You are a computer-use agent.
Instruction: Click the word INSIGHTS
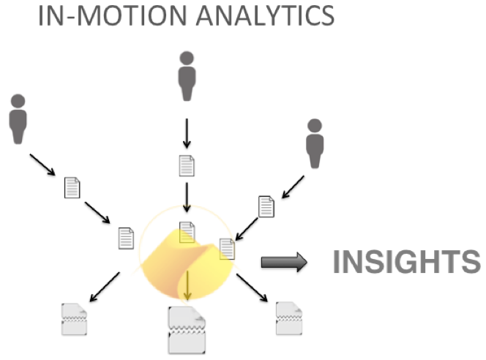tap(406, 262)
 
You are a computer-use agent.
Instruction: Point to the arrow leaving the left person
tap(42, 165)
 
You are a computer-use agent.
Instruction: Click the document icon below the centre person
tap(187, 165)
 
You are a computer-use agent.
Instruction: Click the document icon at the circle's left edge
tap(127, 239)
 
